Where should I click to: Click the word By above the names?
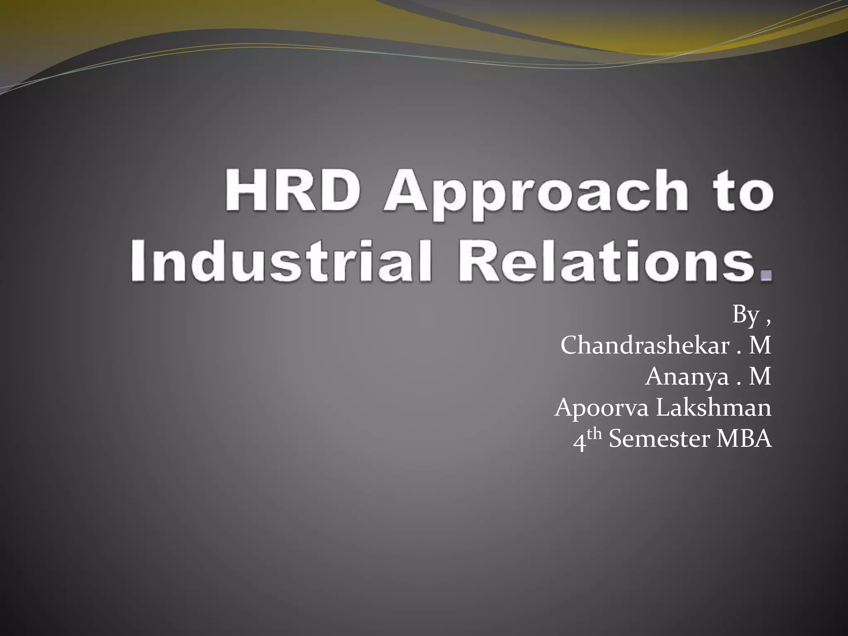tap(746, 315)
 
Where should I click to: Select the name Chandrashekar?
tap(645, 345)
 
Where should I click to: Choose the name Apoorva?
tap(602, 408)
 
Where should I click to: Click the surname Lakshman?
tap(714, 407)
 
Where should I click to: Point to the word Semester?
tap(659, 438)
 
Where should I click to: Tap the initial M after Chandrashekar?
tap(760, 345)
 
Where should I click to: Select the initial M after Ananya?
tap(760, 377)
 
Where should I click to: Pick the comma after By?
tap(768, 321)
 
